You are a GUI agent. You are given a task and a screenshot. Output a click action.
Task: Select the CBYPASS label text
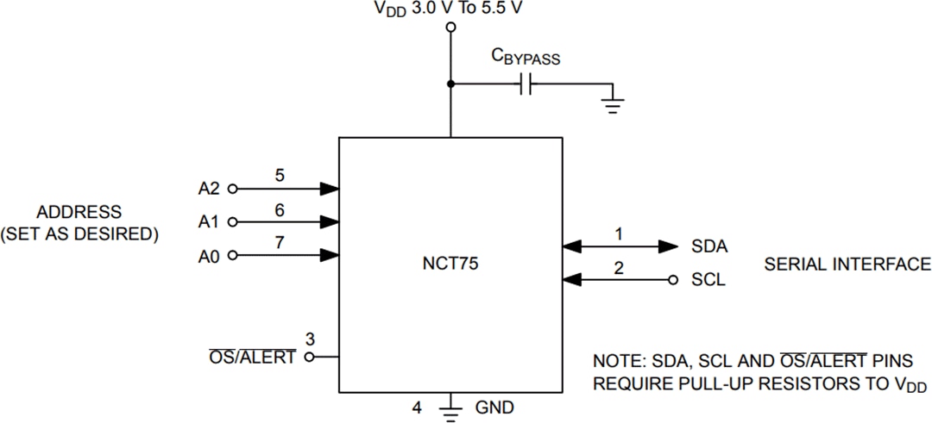[526, 59]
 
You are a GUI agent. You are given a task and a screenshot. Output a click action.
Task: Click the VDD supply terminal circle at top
[450, 28]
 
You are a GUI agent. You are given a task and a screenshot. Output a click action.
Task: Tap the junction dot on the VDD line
[450, 84]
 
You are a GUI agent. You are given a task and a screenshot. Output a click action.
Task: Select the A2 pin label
[209, 188]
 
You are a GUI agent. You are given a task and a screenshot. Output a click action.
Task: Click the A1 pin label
[209, 221]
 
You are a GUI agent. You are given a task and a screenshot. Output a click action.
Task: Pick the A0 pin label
[209, 255]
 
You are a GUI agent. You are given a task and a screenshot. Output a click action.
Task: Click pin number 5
[279, 175]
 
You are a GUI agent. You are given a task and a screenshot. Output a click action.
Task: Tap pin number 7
[279, 242]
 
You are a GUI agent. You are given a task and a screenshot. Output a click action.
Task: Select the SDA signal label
[708, 246]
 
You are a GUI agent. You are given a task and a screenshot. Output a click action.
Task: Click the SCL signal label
[708, 281]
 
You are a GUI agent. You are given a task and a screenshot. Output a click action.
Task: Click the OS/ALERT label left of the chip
[252, 358]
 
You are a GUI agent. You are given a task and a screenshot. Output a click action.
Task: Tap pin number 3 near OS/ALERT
[309, 337]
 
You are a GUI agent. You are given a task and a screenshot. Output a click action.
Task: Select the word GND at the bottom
[494, 407]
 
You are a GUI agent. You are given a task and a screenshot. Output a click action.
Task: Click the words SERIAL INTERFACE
[847, 264]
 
